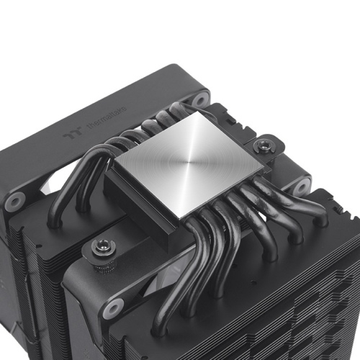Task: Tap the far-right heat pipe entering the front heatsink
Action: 302,209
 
